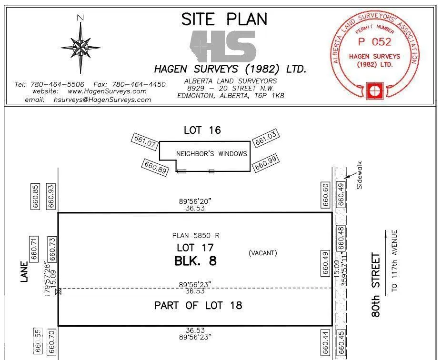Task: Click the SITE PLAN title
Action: click(x=224, y=19)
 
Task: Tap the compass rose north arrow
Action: click(x=80, y=46)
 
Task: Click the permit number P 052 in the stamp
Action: click(x=374, y=42)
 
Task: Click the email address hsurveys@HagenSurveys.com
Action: click(x=109, y=100)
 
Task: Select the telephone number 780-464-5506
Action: click(x=57, y=84)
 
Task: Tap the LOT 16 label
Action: click(x=202, y=130)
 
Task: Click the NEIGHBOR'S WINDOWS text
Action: click(x=211, y=153)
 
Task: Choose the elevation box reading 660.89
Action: click(x=155, y=167)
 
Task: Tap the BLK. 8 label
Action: click(x=196, y=261)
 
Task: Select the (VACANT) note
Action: click(x=262, y=253)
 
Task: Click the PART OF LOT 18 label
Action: click(x=198, y=306)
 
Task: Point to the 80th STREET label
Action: click(x=376, y=285)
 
